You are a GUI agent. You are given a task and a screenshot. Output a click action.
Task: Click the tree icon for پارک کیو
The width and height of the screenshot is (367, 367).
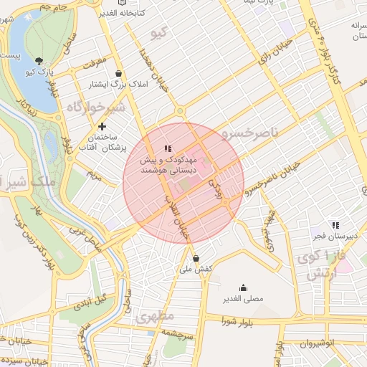(x=38, y=61)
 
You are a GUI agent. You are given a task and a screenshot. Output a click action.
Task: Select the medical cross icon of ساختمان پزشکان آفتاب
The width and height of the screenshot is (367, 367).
(x=102, y=127)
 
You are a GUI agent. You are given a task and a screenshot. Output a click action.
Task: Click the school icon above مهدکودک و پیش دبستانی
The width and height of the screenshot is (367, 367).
(x=168, y=148)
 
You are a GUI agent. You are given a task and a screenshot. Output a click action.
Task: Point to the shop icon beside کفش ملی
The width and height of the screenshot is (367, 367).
(x=196, y=258)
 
